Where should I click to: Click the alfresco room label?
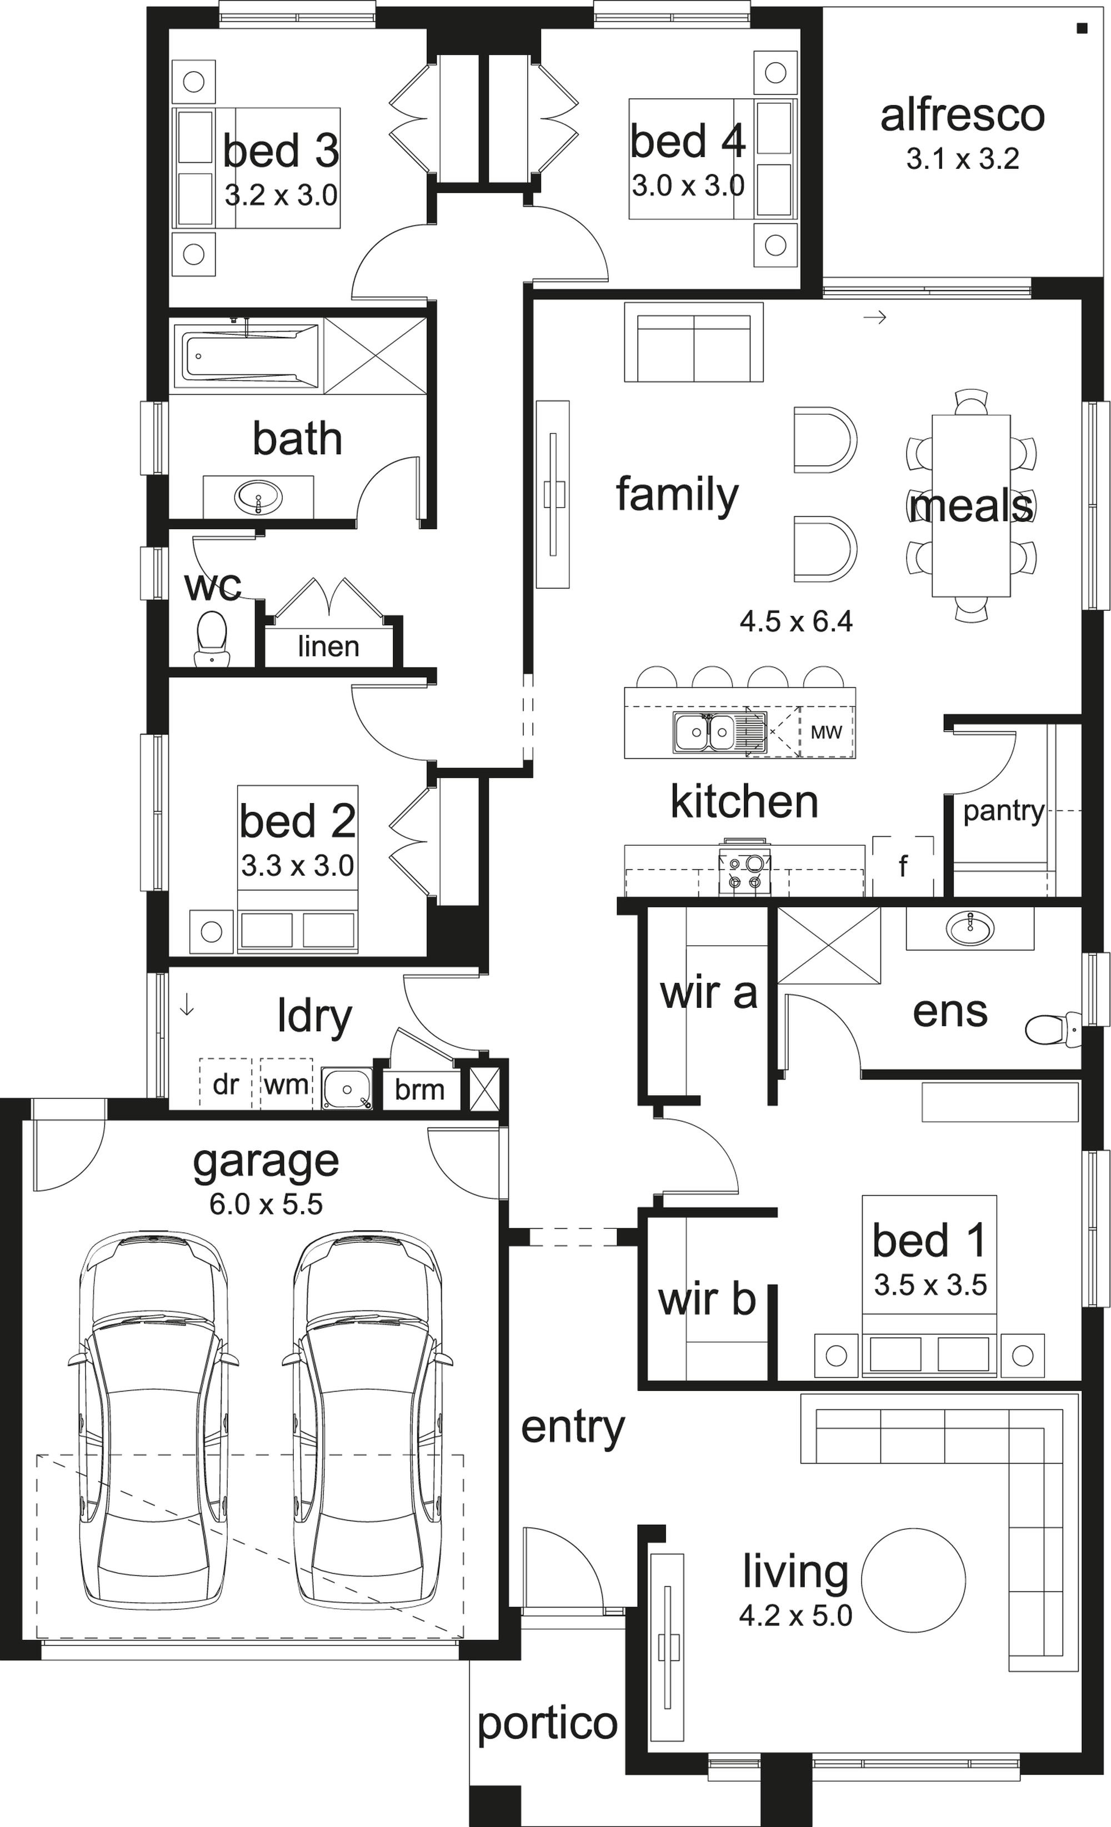point(962,116)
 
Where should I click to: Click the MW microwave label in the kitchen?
point(826,732)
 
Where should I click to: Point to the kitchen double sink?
point(704,732)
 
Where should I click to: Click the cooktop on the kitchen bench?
point(744,871)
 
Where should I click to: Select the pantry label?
point(1003,812)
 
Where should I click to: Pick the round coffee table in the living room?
point(913,1579)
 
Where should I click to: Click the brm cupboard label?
point(420,1090)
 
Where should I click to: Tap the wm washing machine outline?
point(286,1083)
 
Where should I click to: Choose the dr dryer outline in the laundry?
point(226,1083)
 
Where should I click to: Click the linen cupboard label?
point(328,646)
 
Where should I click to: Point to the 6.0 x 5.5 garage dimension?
point(266,1203)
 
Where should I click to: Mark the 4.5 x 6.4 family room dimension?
point(796,621)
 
